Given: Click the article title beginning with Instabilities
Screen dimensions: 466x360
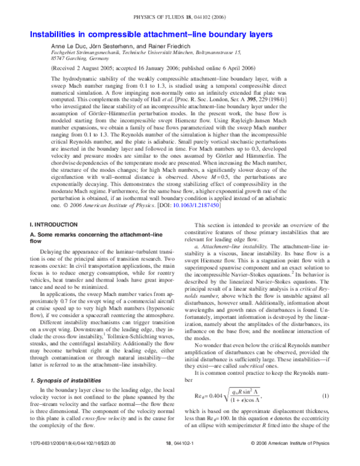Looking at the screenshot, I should point(148,35).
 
